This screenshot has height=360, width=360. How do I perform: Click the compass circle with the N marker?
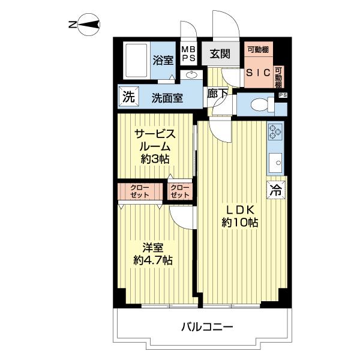pos(89,25)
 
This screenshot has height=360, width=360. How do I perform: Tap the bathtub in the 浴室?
pos(137,61)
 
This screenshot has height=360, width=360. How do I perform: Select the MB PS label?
pos(189,54)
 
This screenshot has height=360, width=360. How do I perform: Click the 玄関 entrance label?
pos(220,54)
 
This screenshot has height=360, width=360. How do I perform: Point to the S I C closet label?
pos(258,73)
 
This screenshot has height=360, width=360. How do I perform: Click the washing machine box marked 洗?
pos(128,98)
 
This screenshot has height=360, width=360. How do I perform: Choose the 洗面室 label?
pos(167,98)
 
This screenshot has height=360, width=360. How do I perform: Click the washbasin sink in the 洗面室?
pos(191,75)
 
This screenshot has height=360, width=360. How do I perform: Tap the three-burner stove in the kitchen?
pos(275,131)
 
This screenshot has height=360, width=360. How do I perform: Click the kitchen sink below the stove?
pos(275,163)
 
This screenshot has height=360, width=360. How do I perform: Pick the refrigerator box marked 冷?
pos(276,190)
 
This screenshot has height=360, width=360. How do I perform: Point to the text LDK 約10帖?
pos(240,216)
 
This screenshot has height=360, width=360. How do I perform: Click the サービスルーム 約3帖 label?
pos(155,146)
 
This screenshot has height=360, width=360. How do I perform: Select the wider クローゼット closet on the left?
pos(140,191)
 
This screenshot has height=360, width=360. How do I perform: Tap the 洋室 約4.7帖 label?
pos(153,254)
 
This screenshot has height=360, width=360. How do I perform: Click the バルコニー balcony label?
pos(207,326)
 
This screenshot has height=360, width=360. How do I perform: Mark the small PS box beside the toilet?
pos(283,95)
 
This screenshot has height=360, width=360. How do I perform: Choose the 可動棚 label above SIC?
pos(258,50)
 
